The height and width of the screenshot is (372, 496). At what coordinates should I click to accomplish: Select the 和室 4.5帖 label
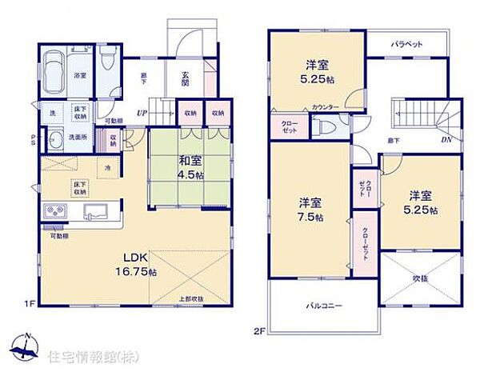189,167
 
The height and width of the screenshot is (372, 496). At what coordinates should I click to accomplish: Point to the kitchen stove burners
56,212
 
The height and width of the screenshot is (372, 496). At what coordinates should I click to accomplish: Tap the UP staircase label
141,113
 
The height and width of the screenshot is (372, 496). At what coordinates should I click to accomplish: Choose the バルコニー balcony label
322,306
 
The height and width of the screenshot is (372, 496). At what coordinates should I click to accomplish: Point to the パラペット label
407,46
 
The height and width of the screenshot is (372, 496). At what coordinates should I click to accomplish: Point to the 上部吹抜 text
190,299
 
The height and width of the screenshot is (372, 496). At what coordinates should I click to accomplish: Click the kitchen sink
95,213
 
